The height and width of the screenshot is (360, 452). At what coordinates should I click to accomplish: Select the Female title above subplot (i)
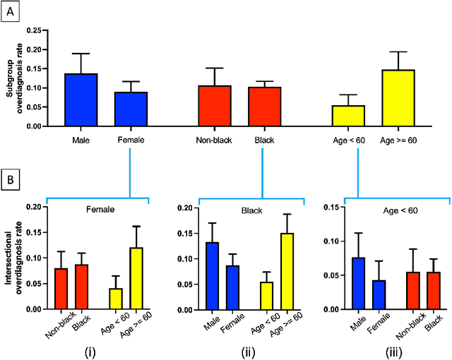[x=101, y=210]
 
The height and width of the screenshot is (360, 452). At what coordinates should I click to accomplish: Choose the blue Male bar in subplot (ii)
[x=212, y=275]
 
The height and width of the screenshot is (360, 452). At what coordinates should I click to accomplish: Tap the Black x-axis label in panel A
[x=266, y=140]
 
